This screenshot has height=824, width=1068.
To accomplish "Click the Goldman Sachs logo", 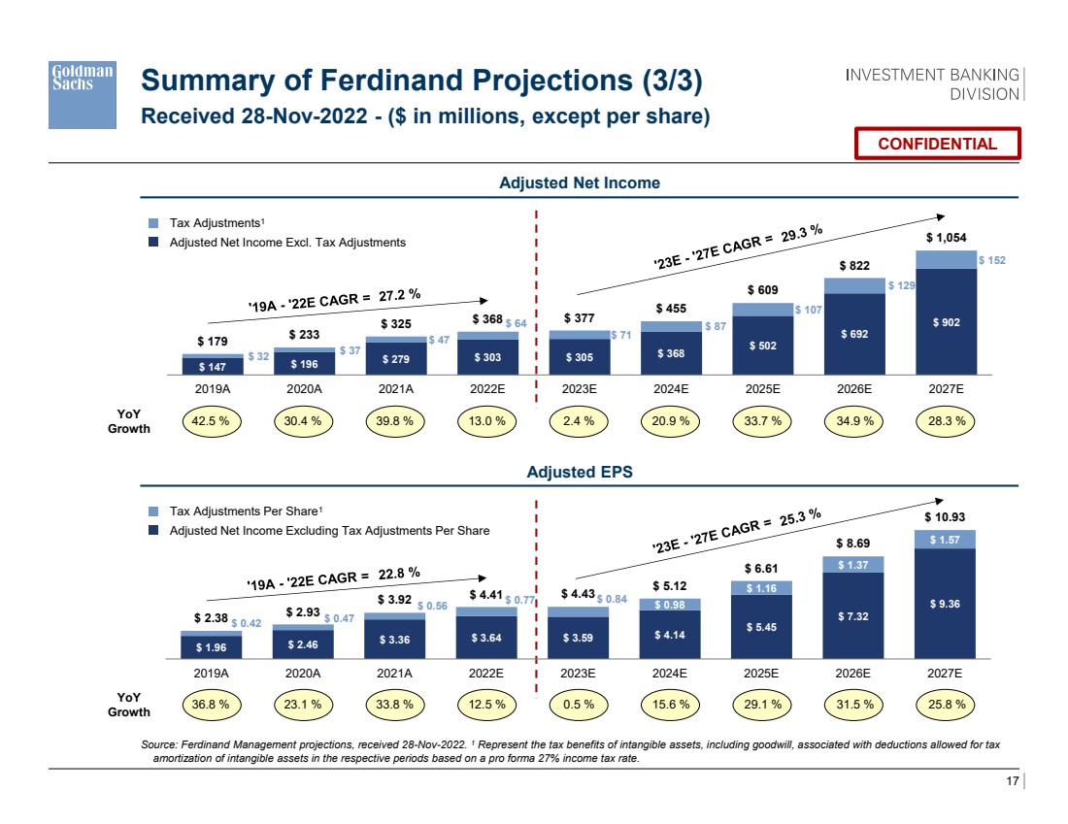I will click(83, 92).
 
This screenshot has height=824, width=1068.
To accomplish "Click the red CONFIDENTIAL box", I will click(937, 144).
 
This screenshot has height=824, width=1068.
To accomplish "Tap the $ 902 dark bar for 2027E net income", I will click(945, 322).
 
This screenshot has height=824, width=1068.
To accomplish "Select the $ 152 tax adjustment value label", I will click(993, 260).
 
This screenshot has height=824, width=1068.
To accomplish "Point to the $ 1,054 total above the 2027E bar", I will click(945, 237).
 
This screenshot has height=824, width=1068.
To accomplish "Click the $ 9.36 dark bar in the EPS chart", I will click(945, 604).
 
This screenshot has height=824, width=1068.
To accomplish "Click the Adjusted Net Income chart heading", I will click(579, 182).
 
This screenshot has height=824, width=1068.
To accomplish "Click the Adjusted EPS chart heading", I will click(579, 473).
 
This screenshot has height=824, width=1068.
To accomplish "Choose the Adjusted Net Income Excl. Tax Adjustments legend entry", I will click(287, 242).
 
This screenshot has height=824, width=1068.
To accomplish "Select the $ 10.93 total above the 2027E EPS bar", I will click(945, 516).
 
